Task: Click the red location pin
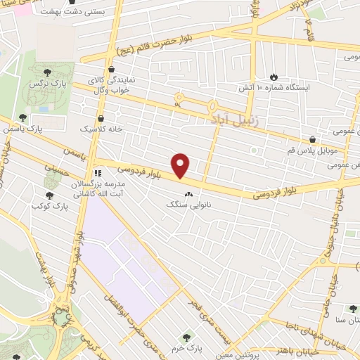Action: (181, 166)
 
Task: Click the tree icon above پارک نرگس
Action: (47, 71)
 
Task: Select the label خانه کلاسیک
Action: (101, 130)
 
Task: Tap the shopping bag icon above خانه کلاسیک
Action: (101, 119)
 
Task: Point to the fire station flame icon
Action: (274, 77)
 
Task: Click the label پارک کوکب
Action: (49, 209)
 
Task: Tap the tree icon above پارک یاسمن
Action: (23, 117)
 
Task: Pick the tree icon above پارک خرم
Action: (186, 337)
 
